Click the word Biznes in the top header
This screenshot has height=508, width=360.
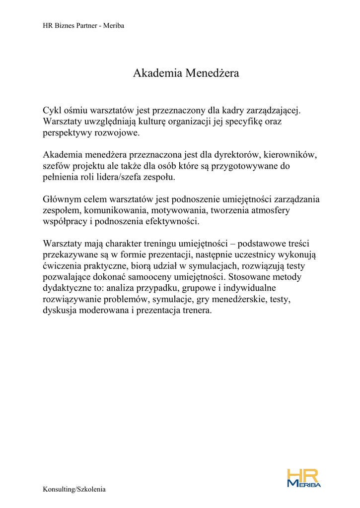point(64,25)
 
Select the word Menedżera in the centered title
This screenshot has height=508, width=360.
point(213,73)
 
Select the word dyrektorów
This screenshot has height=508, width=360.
point(233,155)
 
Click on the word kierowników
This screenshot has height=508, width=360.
point(289,155)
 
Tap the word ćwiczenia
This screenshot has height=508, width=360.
point(62,266)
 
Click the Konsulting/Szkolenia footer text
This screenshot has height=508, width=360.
point(74,490)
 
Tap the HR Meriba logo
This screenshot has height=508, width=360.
point(304,478)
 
